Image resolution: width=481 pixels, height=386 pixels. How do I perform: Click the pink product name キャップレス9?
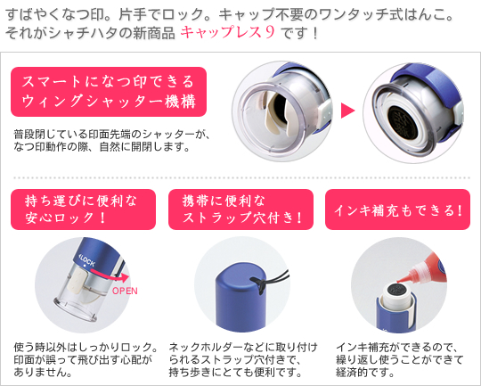tap(227, 32)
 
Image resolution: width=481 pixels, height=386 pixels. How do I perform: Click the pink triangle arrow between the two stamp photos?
tap(347, 111)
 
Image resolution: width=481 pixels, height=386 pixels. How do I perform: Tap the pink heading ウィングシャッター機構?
tap(109, 102)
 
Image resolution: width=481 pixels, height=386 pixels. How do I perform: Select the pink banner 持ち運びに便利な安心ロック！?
tap(83, 209)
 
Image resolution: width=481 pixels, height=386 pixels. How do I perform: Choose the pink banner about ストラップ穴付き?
tap(240, 209)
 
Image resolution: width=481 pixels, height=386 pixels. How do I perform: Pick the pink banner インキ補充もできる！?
tap(397, 209)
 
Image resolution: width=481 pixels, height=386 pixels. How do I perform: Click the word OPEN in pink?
tap(125, 291)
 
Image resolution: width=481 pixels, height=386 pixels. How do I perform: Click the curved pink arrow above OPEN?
tap(109, 275)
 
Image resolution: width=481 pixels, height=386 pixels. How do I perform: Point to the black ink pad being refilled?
tap(396, 291)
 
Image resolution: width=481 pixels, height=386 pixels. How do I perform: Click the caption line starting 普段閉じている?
tap(112, 135)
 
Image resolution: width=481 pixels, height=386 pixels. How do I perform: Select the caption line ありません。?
tap(44, 372)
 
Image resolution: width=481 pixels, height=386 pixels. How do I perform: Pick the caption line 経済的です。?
tap(365, 372)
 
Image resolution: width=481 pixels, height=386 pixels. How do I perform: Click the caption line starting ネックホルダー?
tap(243, 348)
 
